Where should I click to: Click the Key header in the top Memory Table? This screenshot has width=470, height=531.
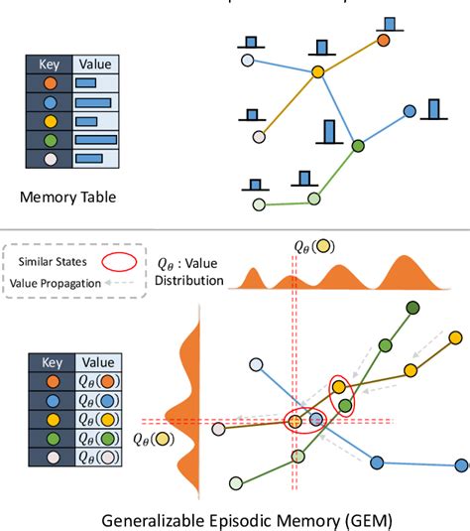coord(50,63)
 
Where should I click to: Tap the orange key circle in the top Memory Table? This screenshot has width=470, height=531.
coord(50,82)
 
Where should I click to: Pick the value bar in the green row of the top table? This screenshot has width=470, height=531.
coord(95,139)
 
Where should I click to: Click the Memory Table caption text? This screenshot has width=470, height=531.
coord(68,197)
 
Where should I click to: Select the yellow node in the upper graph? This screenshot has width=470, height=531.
coord(317,71)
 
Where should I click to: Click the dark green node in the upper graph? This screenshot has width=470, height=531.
coord(358,146)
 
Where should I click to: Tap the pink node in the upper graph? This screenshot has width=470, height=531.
coord(259,136)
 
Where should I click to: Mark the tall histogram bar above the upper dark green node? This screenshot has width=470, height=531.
coord(330,131)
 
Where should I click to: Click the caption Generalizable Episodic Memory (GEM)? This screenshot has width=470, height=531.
coord(234,517)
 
